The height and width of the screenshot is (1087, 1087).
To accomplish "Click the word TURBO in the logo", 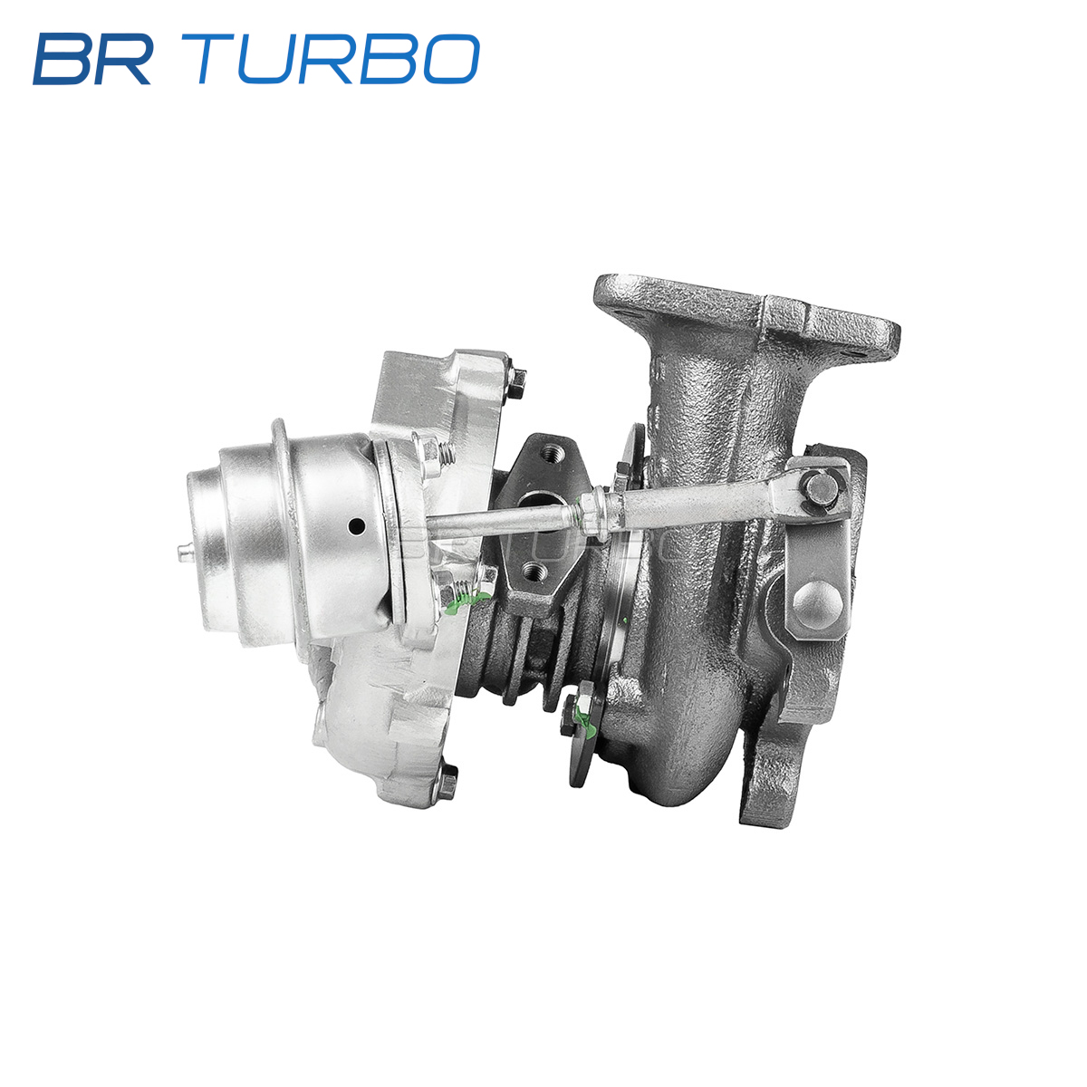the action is tap(338, 59).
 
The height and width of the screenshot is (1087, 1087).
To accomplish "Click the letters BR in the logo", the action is tap(92, 59).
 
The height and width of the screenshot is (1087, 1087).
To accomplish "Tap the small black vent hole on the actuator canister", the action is tap(357, 527).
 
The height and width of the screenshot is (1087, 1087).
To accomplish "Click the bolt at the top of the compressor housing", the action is tap(515, 381).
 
